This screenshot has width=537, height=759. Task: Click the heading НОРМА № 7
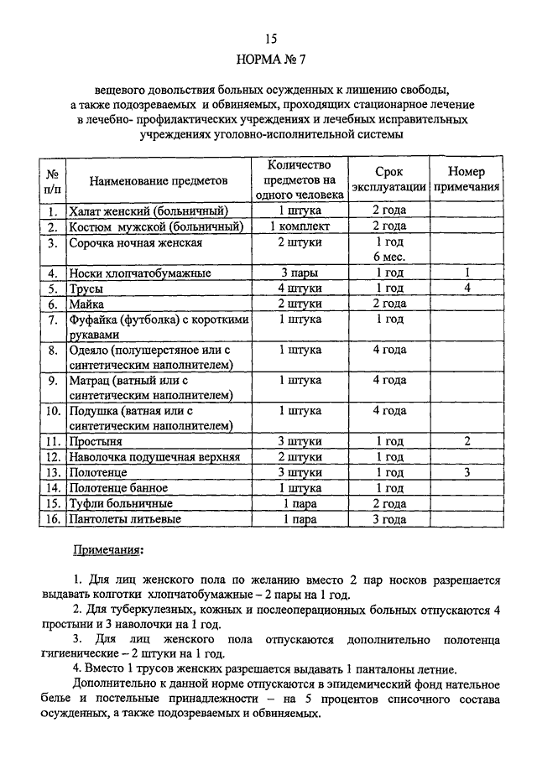[269, 60]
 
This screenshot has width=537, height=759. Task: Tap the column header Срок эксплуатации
[388, 179]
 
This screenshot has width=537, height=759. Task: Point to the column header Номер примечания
[467, 179]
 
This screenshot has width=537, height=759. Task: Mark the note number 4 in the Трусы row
[467, 288]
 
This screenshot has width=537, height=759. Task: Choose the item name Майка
[86, 304]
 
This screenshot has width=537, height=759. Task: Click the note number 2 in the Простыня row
[467, 441]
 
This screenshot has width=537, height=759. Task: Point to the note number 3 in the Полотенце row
[467, 472]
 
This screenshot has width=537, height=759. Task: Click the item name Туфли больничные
[122, 503]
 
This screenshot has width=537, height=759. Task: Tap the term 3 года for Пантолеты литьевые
[389, 519]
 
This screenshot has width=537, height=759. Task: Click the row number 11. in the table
[53, 441]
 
